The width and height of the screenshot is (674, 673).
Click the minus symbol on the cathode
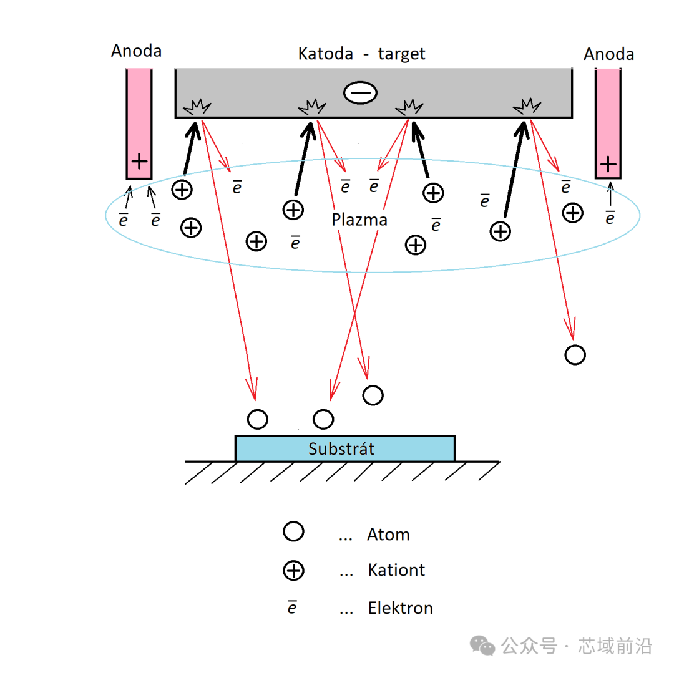360,92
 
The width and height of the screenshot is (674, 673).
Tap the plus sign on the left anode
139,162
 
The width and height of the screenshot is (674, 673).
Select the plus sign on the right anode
608,164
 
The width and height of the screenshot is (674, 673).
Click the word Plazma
359,220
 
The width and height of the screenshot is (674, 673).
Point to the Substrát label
341,449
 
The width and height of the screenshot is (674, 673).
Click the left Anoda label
136,51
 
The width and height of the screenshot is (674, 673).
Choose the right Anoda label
608,54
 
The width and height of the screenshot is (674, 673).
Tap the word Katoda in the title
325,54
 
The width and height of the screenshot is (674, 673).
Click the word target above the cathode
401,54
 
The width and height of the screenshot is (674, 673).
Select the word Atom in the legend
388,535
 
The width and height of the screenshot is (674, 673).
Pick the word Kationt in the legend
396,570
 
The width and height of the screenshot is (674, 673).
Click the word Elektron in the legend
400,608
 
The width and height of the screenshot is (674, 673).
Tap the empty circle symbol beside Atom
293,531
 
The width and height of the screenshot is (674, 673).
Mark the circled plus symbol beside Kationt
293,571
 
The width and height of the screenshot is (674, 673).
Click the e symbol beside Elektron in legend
292,608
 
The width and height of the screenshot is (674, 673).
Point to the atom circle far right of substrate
575,355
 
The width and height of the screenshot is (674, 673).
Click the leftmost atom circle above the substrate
258,419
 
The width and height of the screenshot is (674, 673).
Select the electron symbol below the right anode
610,218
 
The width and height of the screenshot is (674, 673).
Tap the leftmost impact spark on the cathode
197,107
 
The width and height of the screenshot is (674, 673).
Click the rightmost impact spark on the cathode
527,106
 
